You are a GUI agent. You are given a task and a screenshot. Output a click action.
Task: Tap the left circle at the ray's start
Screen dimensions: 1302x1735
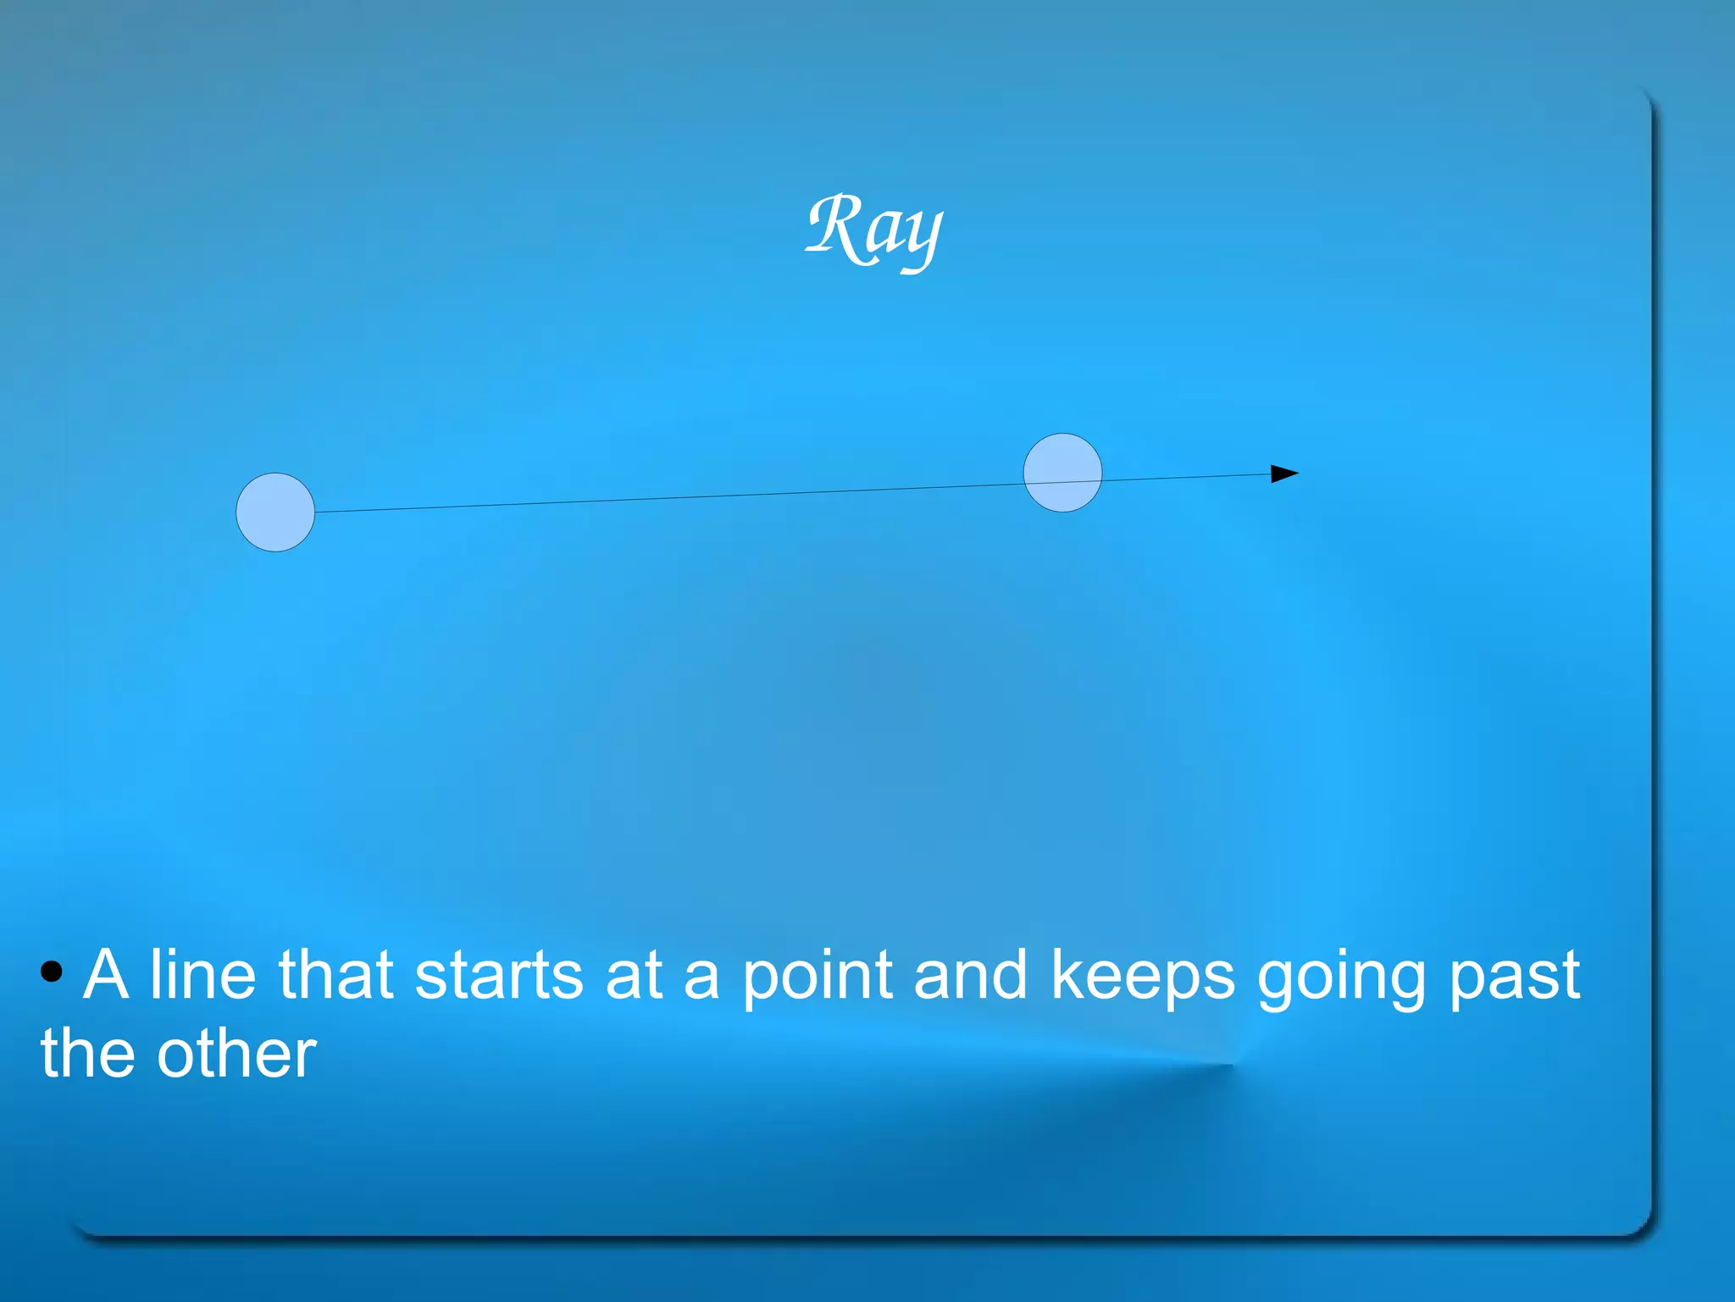275,512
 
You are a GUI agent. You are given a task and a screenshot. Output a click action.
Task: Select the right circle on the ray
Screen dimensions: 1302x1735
1062,473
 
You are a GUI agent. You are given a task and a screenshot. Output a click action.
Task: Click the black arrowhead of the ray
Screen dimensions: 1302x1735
1283,474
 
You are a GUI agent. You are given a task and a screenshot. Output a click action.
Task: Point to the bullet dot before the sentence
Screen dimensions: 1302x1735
52,972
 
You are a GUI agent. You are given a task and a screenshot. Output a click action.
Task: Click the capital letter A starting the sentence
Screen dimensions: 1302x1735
107,975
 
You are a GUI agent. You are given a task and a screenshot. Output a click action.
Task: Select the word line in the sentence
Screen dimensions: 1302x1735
202,975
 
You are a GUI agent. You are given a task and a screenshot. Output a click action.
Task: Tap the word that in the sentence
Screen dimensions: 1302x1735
335,975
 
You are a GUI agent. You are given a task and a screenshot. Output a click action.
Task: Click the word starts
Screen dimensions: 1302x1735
499,977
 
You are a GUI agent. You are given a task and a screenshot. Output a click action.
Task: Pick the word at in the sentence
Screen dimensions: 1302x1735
633,977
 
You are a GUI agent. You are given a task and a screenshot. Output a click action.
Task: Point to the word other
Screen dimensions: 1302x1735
236,1055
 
